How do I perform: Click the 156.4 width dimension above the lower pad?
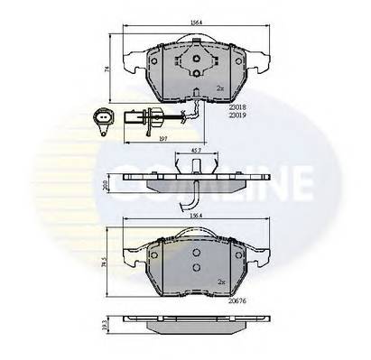click(190, 216)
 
